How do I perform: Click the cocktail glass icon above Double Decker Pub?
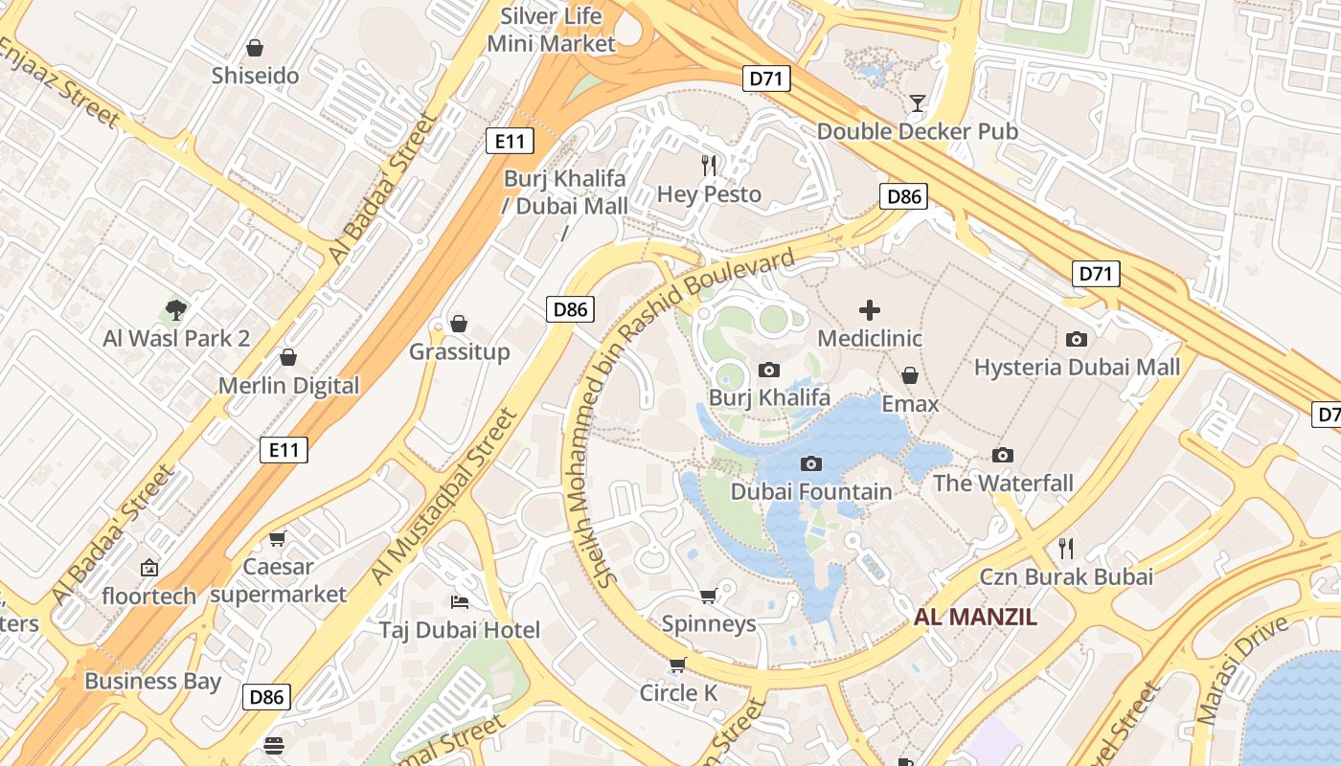coord(918,102)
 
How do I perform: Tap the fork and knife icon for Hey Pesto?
coord(709,165)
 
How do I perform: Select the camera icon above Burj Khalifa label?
coord(768,370)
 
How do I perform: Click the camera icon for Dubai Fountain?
coord(811,463)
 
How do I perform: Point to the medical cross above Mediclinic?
coord(870,309)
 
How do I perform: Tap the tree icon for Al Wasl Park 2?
coord(176,309)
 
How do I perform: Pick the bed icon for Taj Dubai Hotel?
coord(460,601)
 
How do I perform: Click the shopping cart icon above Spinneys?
coord(709,596)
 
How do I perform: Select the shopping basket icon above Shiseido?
coord(255,47)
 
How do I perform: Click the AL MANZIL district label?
coord(975,617)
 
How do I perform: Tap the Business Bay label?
coord(152,682)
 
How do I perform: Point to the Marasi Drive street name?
coord(1242,669)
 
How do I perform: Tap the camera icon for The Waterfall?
coord(1003,455)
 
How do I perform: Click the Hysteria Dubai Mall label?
coord(1077,368)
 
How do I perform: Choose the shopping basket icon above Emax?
coord(910,375)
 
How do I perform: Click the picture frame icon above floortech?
coord(149,568)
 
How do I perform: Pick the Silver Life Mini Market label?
coord(552,30)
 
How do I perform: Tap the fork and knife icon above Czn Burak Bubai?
coord(1066,548)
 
